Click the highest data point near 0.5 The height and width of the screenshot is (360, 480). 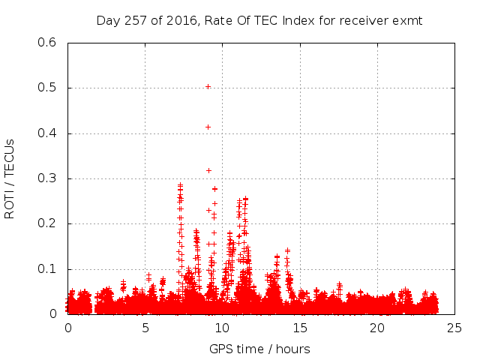click(x=208, y=86)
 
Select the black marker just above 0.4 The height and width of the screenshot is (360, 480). click(x=208, y=127)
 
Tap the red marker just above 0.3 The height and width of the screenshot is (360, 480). click(x=208, y=170)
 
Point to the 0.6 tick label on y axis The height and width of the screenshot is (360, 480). click(x=47, y=43)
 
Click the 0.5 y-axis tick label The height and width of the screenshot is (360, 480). click(x=47, y=88)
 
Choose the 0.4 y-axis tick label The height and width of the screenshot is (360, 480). click(x=47, y=133)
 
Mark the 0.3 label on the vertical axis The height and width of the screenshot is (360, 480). click(x=47, y=178)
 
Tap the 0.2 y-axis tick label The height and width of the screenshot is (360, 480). click(x=47, y=223)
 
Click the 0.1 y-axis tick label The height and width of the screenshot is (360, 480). click(x=47, y=268)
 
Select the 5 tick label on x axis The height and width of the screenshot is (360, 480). click(x=145, y=328)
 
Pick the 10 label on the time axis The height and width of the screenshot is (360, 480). click(x=223, y=328)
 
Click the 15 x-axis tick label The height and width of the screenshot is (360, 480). click(x=300, y=328)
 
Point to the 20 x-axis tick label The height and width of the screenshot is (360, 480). click(x=377, y=328)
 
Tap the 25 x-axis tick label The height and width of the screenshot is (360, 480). click(x=454, y=328)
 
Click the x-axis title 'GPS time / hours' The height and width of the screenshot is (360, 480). click(x=259, y=349)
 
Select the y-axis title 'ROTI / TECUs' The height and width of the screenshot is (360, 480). click(x=10, y=178)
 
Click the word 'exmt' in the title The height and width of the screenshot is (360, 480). click(x=408, y=20)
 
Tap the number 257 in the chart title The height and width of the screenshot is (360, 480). click(x=134, y=20)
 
